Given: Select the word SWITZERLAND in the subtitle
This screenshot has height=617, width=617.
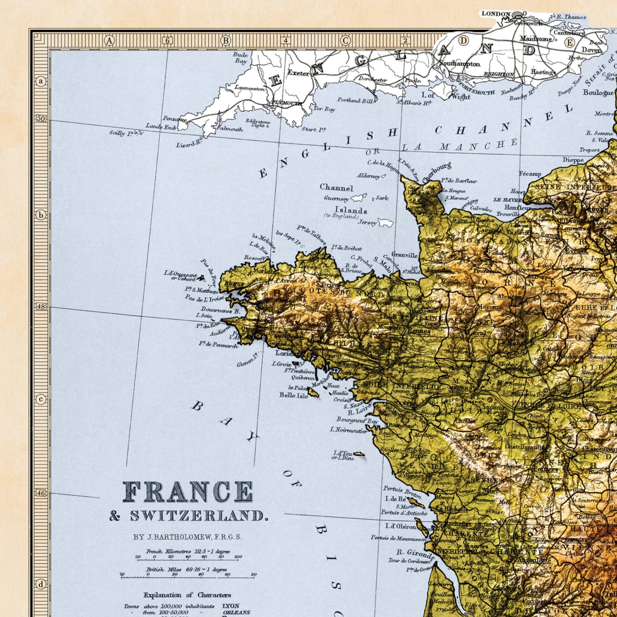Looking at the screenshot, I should [x=199, y=516].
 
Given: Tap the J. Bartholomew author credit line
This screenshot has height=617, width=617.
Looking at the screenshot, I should [x=187, y=537].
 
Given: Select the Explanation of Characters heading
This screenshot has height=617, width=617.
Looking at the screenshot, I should [x=187, y=595].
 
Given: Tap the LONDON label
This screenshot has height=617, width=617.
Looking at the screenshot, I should [x=495, y=14].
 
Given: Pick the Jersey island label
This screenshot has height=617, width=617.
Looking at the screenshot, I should [x=367, y=222].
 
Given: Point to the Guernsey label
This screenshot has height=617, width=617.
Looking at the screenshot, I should [x=336, y=198].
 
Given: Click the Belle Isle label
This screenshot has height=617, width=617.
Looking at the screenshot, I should [x=293, y=395].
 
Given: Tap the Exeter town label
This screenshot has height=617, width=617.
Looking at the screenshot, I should [x=298, y=73].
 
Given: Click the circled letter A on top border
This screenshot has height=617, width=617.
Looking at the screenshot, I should [x=110, y=41].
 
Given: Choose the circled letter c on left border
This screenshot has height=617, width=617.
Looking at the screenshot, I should [x=41, y=399].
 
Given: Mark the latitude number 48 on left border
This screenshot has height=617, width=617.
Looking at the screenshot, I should [x=41, y=307].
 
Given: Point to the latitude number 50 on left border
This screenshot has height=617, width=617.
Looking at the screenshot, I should [x=41, y=118].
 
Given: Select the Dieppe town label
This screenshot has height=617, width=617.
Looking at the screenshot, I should [x=573, y=160].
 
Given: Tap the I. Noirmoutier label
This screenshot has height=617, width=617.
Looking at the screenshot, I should [x=348, y=430].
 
